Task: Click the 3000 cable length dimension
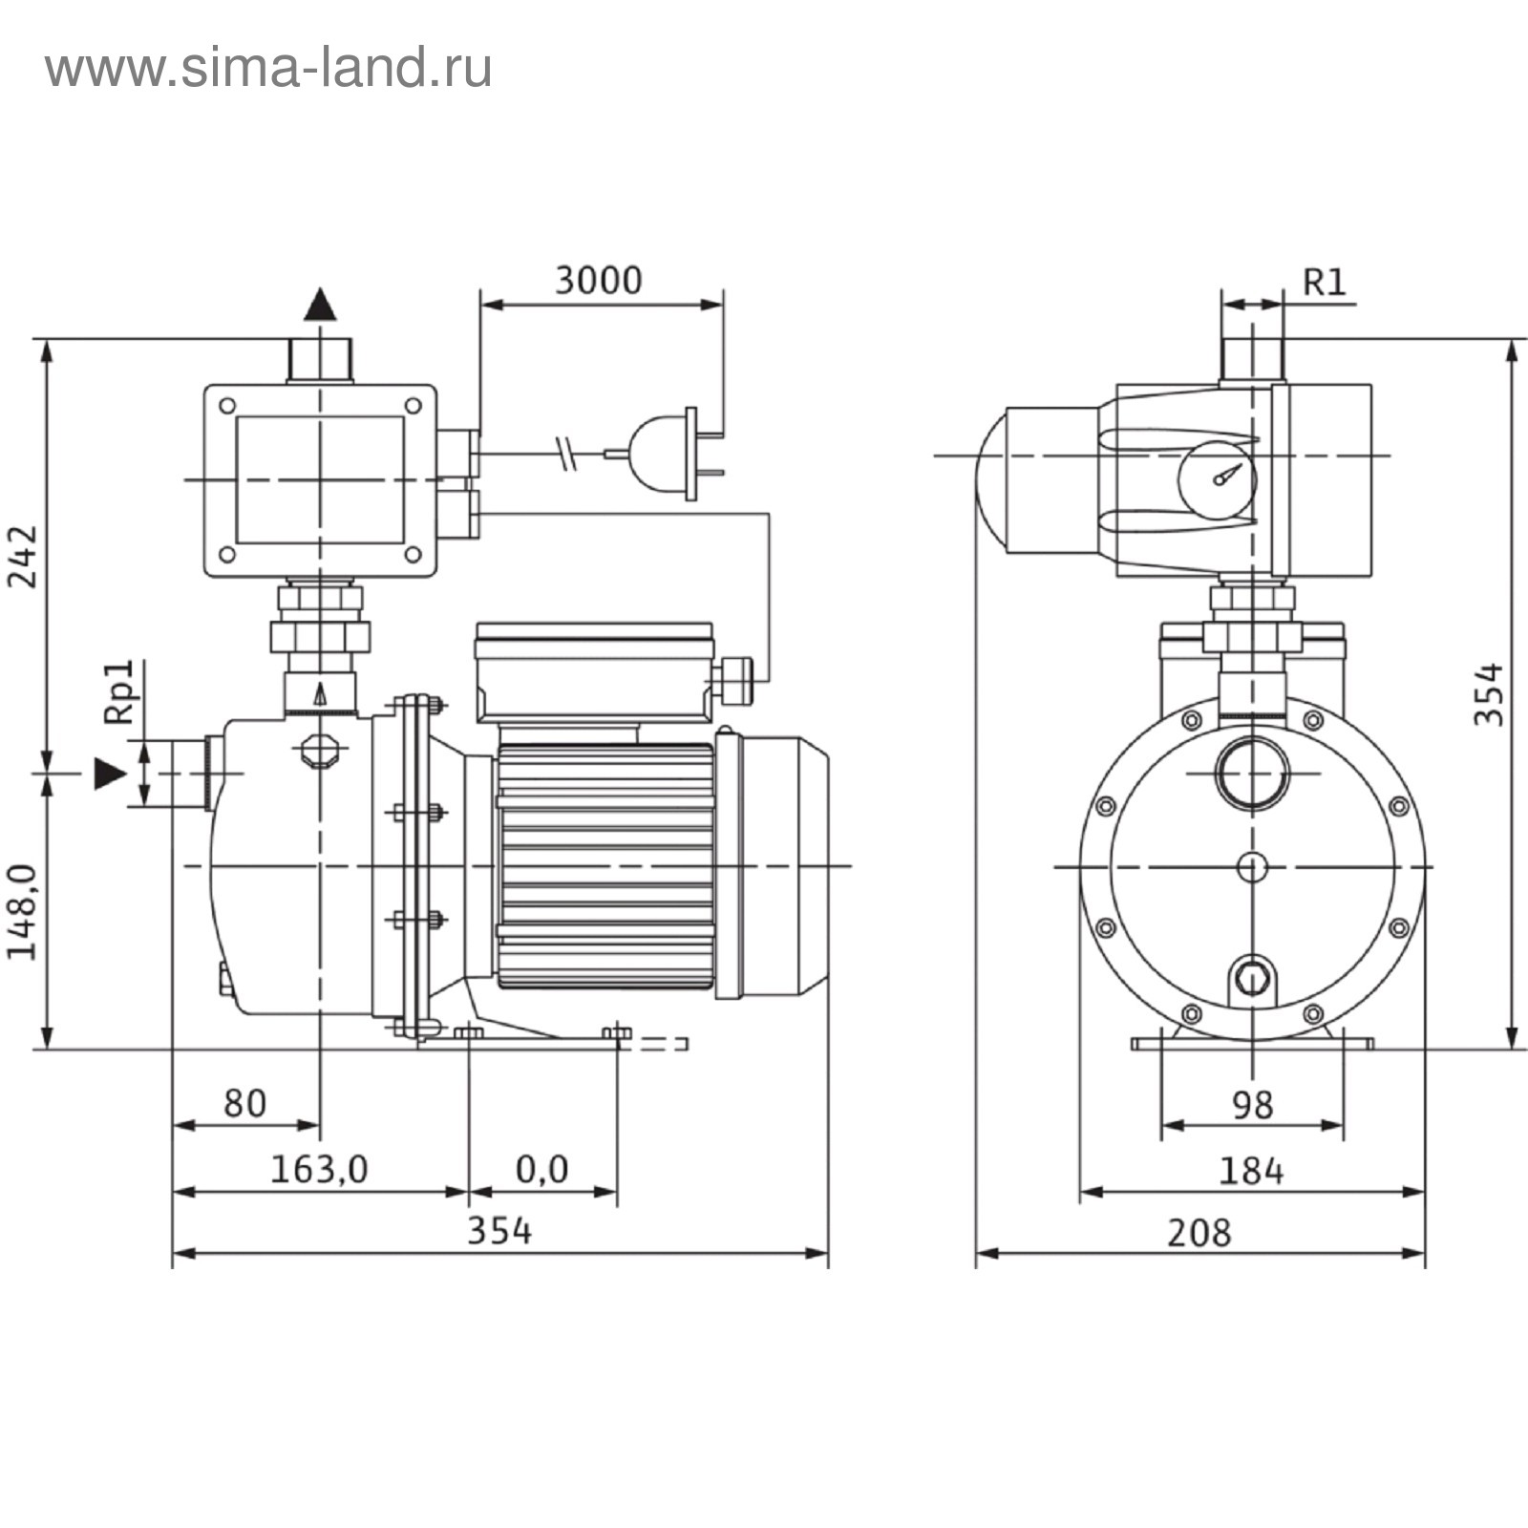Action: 599,281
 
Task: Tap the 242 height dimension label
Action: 22,557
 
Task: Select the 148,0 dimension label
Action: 22,912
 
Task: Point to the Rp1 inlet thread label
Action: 120,691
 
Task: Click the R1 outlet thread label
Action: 1325,282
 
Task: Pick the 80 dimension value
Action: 244,1103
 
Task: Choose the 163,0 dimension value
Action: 319,1169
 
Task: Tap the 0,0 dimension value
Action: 541,1169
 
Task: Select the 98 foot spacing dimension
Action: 1252,1105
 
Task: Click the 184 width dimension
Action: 1251,1171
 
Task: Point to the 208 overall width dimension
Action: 1199,1233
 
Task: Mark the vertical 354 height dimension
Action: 1488,694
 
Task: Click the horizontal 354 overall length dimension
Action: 499,1231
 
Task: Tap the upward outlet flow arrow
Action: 320,304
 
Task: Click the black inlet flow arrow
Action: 110,774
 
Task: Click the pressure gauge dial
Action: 1216,479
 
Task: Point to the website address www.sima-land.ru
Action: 268,69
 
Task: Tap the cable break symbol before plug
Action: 567,454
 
